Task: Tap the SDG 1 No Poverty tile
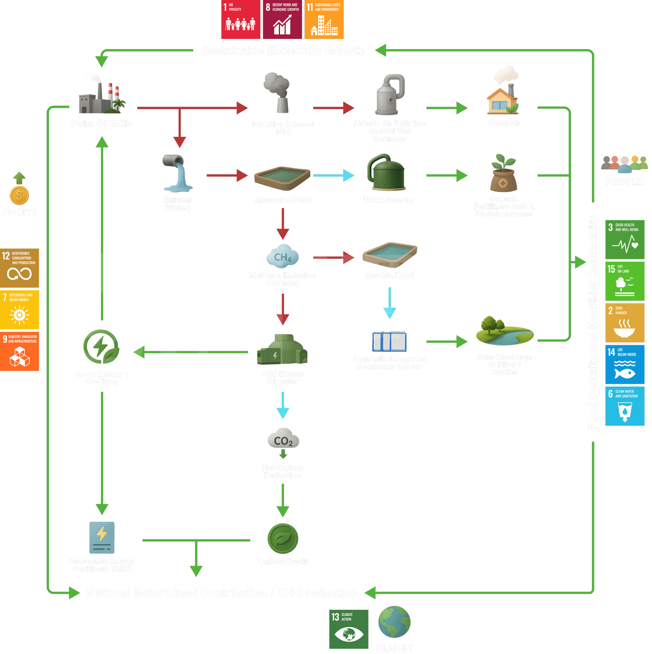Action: (241, 20)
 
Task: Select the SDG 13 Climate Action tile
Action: (349, 629)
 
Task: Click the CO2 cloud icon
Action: (283, 439)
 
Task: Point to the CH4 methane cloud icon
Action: (282, 256)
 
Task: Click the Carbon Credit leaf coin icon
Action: (283, 538)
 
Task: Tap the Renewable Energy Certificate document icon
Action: (101, 538)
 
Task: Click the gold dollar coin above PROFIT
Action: (19, 195)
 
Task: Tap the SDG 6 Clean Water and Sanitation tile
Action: (625, 406)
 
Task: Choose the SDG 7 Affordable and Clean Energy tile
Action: (19, 309)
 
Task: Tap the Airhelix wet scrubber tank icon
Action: (390, 95)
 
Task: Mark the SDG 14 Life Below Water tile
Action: (625, 364)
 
